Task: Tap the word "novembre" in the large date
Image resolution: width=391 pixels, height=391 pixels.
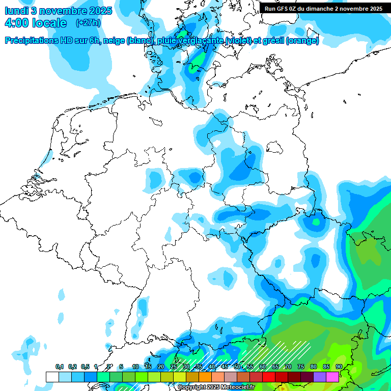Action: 64,10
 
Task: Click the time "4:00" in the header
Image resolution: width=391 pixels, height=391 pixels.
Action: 16,23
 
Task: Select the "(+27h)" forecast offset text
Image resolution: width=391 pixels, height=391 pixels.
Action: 88,23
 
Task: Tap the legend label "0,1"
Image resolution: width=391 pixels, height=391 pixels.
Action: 60,367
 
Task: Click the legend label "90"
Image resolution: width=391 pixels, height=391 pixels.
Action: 339,367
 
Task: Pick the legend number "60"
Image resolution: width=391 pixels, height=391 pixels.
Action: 263,367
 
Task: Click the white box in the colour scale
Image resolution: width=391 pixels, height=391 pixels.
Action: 52,377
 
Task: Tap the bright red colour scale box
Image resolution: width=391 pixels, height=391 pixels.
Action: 269,377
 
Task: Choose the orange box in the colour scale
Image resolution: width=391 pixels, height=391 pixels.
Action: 205,377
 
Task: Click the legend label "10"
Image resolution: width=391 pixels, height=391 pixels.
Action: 135,367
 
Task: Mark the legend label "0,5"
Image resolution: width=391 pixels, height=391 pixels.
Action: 85,367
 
